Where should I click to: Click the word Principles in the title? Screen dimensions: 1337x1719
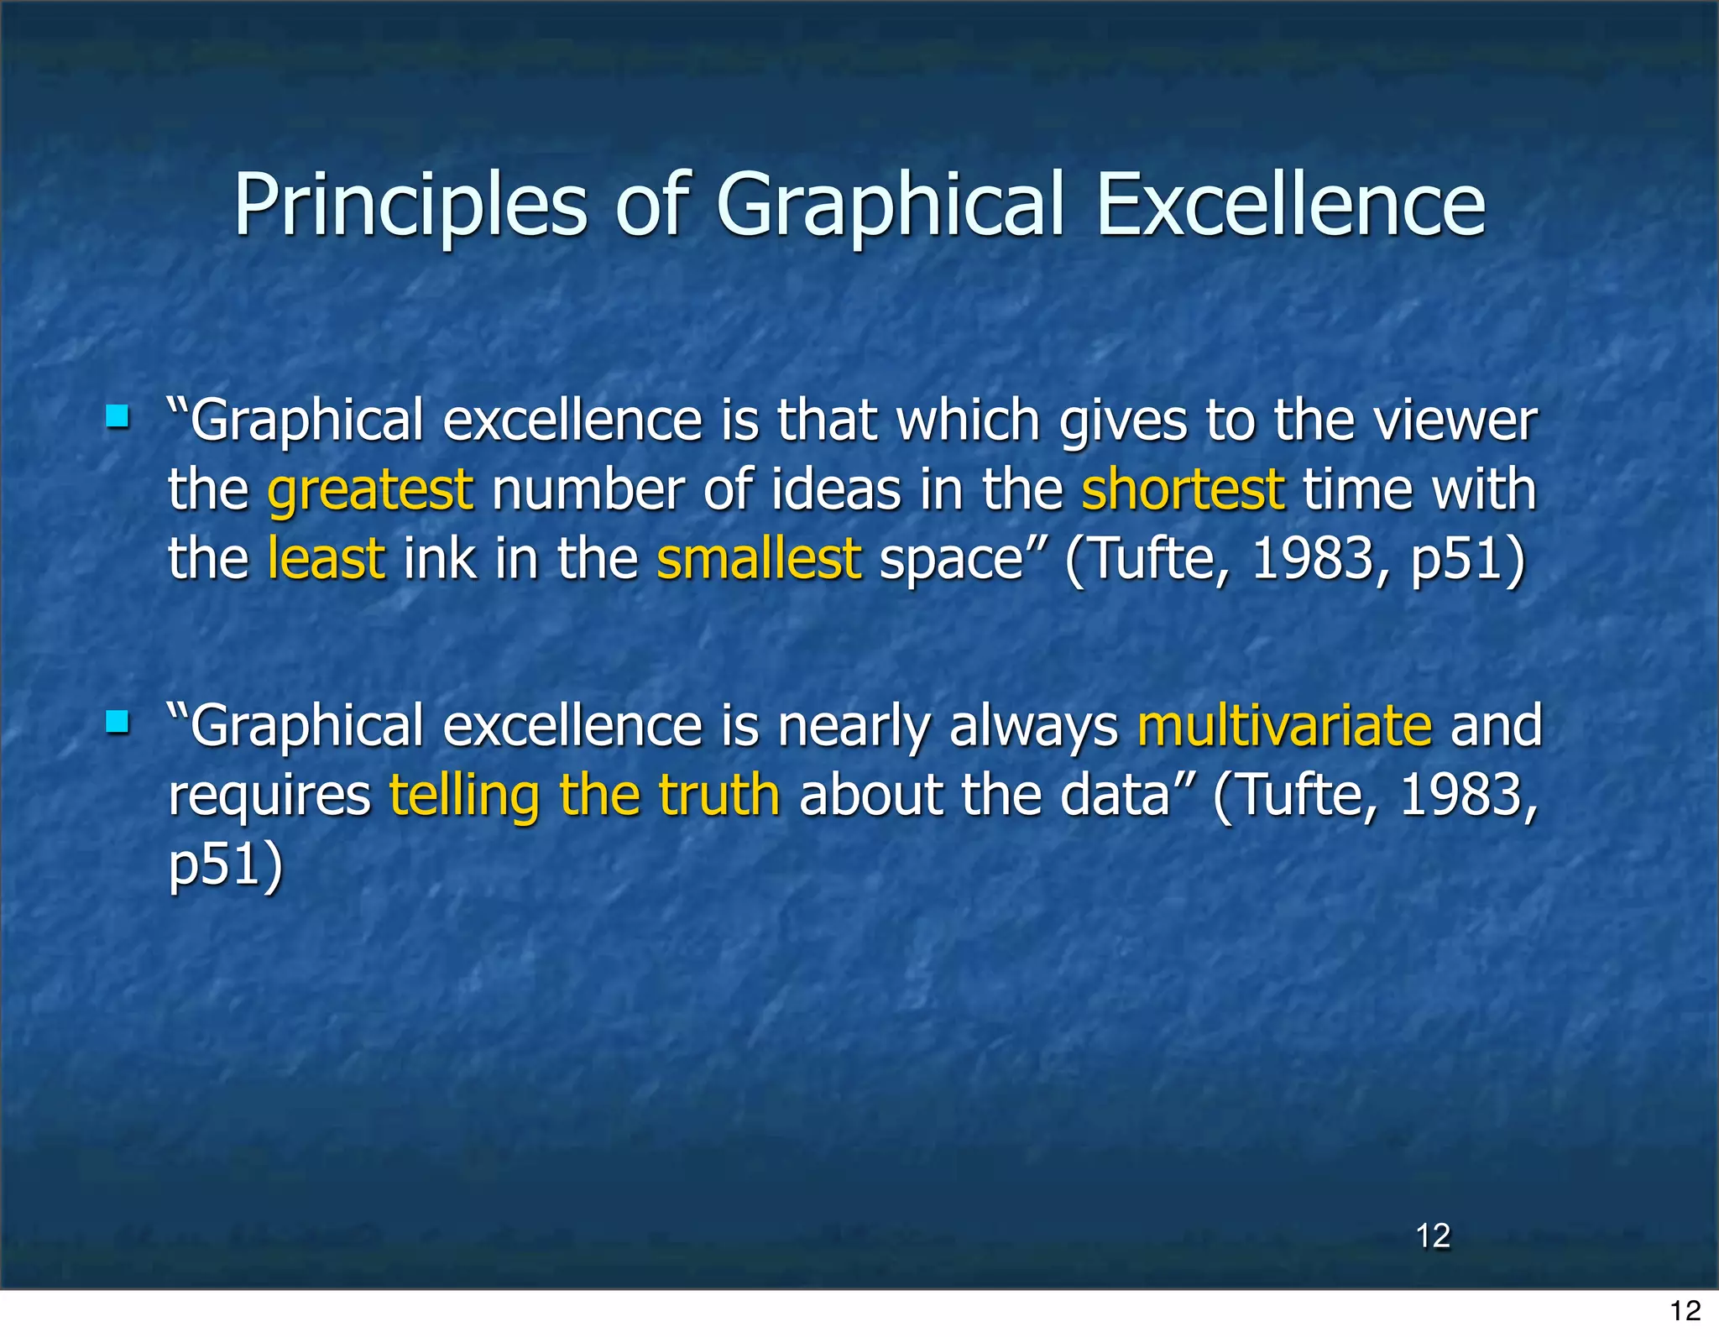click(x=410, y=206)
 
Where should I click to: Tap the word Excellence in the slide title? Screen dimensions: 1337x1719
click(x=1290, y=205)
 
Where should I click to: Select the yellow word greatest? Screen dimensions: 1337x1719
click(x=370, y=490)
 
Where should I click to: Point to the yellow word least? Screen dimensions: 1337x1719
click(x=326, y=559)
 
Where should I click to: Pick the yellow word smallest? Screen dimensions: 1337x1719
click(x=758, y=559)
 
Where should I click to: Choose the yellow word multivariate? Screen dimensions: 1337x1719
click(x=1284, y=725)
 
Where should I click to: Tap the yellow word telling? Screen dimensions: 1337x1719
click(x=464, y=796)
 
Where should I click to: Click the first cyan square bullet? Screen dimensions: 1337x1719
click(x=118, y=416)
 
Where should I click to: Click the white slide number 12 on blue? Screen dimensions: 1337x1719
click(x=1433, y=1235)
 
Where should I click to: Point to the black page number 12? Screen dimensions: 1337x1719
click(x=1685, y=1310)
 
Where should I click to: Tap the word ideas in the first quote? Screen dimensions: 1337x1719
click(x=835, y=490)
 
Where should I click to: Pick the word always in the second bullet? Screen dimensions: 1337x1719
click(x=1033, y=727)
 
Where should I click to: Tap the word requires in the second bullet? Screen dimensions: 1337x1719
click(x=269, y=796)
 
